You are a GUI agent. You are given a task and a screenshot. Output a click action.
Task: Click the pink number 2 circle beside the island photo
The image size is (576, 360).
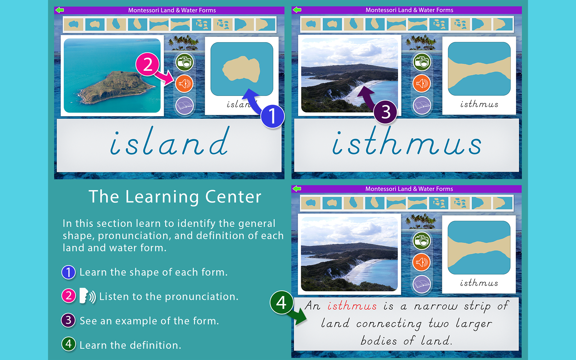(147, 64)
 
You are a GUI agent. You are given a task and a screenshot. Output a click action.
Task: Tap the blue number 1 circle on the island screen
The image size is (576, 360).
(272, 116)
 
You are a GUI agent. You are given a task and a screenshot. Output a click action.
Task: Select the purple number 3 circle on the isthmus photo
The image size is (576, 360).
(385, 112)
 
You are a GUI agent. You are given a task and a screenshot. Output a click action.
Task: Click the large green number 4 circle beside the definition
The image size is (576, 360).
(281, 302)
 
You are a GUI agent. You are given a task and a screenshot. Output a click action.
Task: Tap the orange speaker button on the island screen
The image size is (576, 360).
(184, 84)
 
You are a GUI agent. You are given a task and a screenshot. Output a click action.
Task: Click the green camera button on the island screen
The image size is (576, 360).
(184, 62)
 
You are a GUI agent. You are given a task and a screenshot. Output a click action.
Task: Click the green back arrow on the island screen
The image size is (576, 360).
(60, 10)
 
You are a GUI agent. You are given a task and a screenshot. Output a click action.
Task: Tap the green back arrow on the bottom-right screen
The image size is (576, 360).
(297, 189)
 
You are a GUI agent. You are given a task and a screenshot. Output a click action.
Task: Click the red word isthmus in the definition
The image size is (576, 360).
(352, 306)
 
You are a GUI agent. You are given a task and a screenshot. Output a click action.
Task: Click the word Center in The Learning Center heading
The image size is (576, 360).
(233, 197)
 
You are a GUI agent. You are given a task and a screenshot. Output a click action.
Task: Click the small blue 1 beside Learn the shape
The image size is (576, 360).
(68, 272)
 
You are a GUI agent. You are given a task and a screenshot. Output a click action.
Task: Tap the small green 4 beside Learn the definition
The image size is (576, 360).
(68, 344)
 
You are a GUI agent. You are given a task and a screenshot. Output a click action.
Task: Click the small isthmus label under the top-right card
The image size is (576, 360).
(479, 104)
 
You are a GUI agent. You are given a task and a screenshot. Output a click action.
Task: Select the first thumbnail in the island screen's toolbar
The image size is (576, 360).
(73, 24)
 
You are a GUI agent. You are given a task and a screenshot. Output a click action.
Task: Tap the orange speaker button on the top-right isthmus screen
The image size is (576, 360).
(422, 83)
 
